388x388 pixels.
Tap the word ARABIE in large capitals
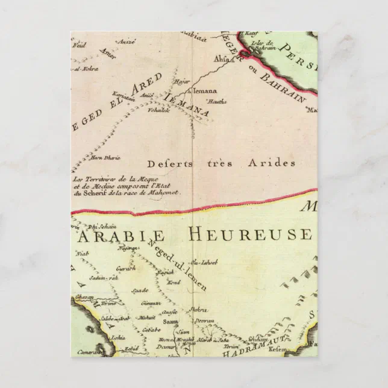click(129, 234)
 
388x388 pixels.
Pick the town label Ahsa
click(221, 59)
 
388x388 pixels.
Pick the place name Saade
click(139, 290)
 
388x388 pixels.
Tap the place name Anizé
click(128, 42)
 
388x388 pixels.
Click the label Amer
click(108, 53)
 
